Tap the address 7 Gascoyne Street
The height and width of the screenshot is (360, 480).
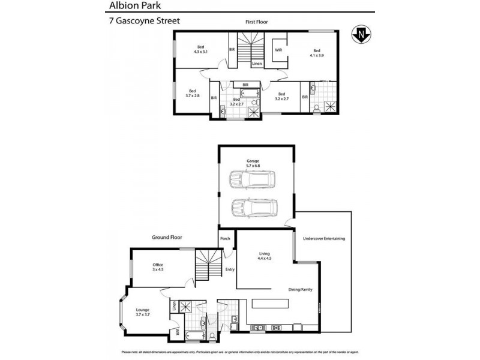[x=142, y=20]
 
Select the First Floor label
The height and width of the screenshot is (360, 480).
[x=256, y=22]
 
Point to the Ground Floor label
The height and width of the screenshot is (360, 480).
[x=167, y=238]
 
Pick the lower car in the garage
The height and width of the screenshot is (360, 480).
[x=254, y=208]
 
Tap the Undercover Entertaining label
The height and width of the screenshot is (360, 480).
[x=324, y=239]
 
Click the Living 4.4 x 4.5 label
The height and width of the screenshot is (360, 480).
[x=265, y=256]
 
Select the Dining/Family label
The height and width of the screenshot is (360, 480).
[x=300, y=289]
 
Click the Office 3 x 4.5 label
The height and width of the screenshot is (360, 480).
[x=158, y=267]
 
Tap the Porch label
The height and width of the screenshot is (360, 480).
[x=226, y=239]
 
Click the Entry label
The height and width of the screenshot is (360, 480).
[x=230, y=269]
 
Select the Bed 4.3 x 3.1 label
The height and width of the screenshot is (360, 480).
[x=200, y=50]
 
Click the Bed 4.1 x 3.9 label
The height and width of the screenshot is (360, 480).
[x=316, y=53]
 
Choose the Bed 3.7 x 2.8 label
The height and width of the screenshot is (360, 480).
[x=191, y=93]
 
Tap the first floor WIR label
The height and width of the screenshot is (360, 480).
[x=278, y=50]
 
